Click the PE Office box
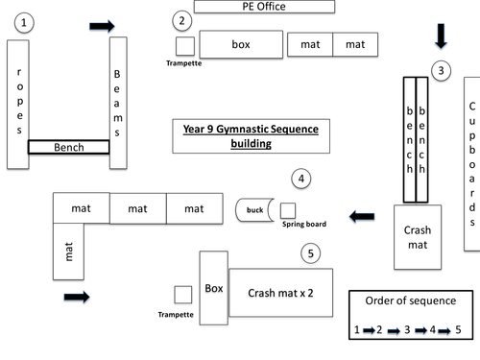click(x=264, y=7)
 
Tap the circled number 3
click(x=440, y=70)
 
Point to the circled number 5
click(x=309, y=253)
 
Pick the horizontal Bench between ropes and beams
click(x=67, y=148)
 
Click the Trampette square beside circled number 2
click(x=184, y=45)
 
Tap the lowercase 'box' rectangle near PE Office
click(x=240, y=44)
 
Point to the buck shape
click(x=255, y=209)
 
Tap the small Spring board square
click(x=287, y=209)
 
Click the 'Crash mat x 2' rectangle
click(x=281, y=293)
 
